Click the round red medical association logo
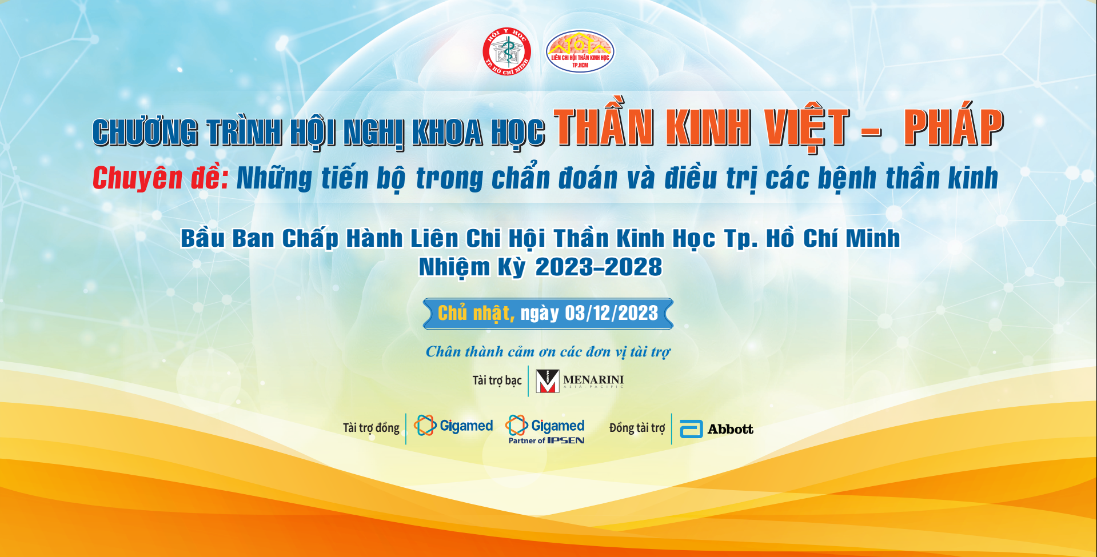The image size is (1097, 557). click(507, 52)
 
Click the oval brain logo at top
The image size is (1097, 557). click(580, 51)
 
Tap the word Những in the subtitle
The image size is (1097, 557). click(274, 178)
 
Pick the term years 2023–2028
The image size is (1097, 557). click(599, 267)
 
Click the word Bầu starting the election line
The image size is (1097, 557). click(202, 238)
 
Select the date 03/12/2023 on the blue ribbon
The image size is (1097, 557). click(611, 313)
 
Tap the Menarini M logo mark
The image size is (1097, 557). click(547, 381)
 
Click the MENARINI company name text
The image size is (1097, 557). click(593, 380)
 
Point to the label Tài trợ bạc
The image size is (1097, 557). click(497, 380)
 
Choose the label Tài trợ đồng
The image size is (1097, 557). click(371, 428)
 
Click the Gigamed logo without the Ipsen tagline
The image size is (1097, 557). click(453, 426)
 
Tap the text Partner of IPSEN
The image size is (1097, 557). click(546, 440)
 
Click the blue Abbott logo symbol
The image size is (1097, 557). click(691, 429)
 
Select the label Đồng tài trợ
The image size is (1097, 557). click(637, 428)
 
